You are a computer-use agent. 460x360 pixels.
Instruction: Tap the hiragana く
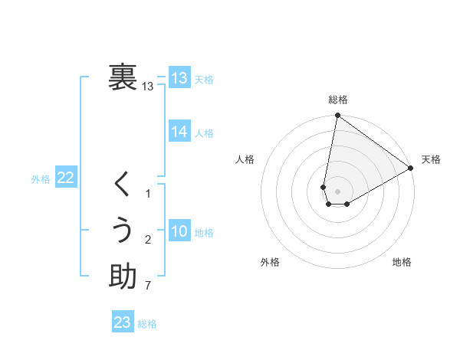point(123,185)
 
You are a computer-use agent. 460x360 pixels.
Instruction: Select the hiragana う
point(123,231)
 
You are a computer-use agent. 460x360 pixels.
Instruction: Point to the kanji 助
point(123,277)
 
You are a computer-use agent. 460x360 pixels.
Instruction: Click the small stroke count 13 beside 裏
point(148,87)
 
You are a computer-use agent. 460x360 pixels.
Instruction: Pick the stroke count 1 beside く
point(148,194)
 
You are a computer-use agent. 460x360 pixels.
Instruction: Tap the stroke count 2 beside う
point(148,240)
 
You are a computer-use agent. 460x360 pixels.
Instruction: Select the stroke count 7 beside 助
point(148,286)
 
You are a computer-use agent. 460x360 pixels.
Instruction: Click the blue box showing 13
point(179,78)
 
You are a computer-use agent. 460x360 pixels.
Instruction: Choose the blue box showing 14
point(179,132)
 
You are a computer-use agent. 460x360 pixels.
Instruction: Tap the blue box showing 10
point(179,231)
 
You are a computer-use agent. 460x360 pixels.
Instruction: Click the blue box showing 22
point(65,178)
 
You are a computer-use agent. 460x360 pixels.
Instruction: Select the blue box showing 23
point(123,322)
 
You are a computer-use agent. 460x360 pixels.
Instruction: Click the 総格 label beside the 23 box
point(147,324)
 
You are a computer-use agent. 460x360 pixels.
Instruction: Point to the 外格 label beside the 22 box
point(41,179)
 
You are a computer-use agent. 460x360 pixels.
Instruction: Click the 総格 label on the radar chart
point(337,100)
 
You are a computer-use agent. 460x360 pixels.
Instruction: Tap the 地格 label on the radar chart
point(402,262)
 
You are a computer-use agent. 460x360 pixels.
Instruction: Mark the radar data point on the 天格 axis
point(411,169)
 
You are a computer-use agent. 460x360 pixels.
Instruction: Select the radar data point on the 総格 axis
point(337,116)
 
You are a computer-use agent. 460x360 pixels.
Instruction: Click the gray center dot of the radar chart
point(337,191)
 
